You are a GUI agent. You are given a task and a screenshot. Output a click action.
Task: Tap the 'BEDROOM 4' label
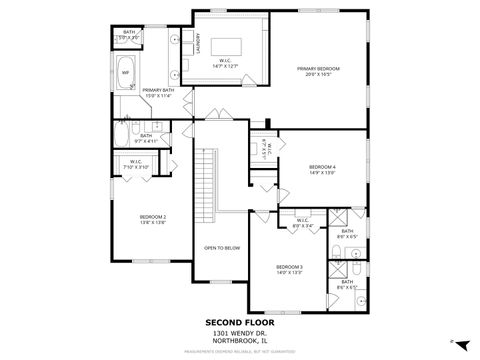322,166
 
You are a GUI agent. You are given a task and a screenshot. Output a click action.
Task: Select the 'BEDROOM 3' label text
290,267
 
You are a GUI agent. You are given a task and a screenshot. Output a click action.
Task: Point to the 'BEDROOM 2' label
153,216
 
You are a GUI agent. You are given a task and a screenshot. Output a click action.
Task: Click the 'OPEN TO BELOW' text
221,247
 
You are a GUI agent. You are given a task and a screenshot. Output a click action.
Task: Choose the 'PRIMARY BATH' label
158,91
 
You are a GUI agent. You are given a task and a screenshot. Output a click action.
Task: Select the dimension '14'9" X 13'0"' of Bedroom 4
322,172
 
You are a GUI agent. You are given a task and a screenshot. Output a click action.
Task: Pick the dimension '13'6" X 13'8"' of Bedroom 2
153,222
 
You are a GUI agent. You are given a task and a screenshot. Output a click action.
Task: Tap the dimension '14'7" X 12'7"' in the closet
227,66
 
